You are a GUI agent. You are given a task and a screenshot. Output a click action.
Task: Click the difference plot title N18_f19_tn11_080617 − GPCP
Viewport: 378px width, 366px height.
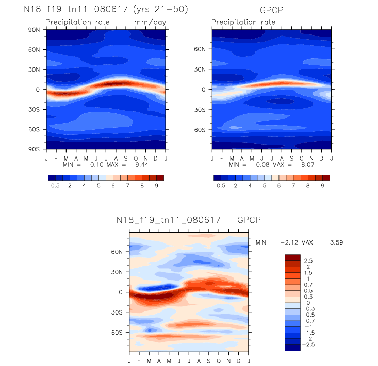[189, 220]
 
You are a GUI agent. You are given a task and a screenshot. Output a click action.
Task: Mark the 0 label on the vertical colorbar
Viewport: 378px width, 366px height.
[308, 302]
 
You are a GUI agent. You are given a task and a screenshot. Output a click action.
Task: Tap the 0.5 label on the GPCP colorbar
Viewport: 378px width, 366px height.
[222, 185]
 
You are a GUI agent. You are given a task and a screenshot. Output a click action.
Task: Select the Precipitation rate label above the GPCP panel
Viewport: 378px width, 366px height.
[243, 22]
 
